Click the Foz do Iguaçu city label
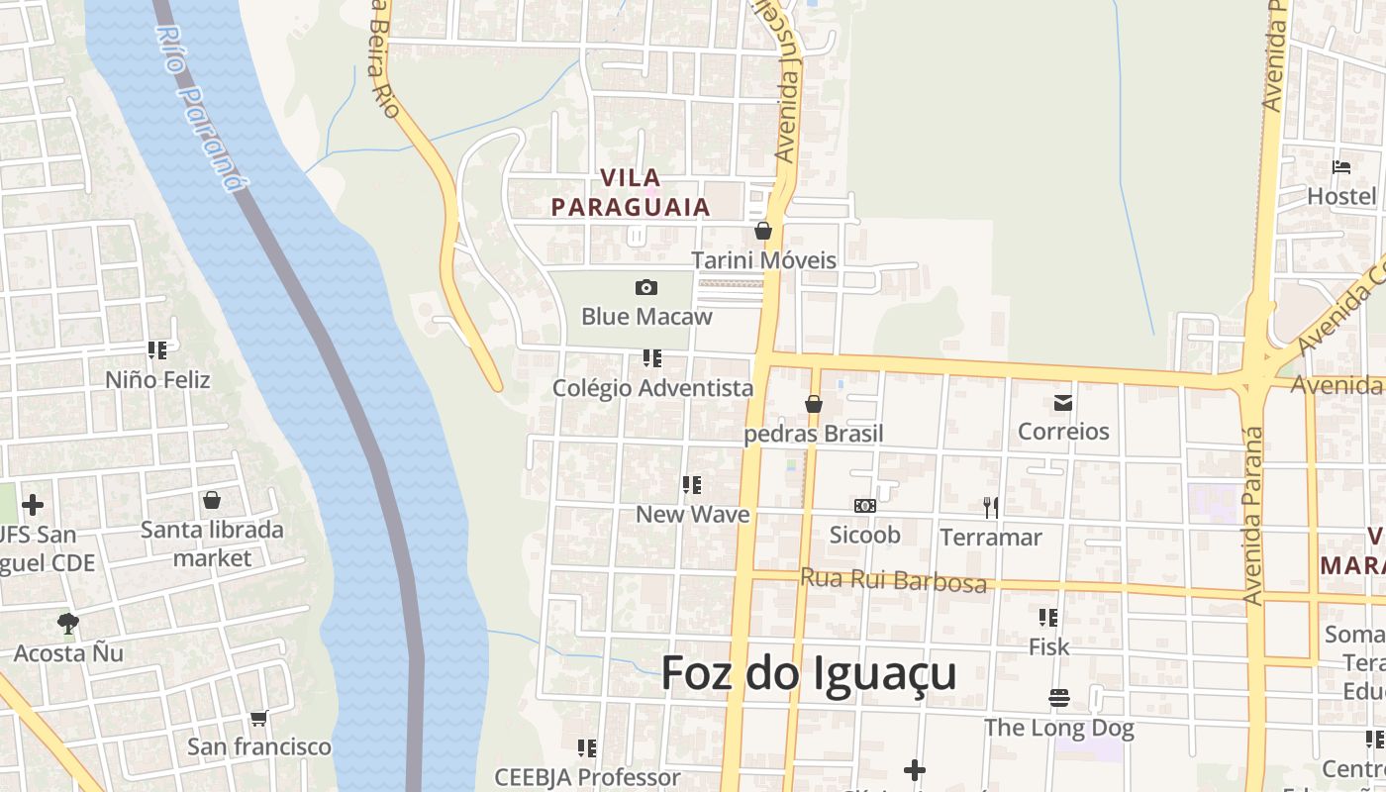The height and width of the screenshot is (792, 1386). [808, 674]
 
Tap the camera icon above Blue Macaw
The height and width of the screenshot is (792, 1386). [646, 287]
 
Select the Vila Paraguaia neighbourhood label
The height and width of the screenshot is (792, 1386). [632, 192]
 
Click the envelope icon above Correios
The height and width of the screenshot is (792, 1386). [1063, 403]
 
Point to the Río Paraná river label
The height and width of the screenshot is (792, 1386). [200, 108]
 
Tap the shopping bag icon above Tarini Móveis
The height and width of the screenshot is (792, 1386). [763, 231]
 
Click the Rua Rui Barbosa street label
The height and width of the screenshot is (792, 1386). [893, 580]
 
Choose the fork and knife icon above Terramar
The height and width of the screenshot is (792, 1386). [990, 508]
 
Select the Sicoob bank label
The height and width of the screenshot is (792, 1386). [865, 536]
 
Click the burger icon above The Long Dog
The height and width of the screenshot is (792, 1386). [1059, 698]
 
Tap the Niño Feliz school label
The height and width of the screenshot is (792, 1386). [157, 379]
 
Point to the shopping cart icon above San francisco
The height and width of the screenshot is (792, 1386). [258, 718]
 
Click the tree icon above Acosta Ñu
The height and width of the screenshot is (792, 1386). [67, 624]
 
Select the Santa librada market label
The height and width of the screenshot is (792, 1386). [212, 544]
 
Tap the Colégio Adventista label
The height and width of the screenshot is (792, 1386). [653, 388]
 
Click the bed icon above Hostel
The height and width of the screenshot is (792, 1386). [1341, 166]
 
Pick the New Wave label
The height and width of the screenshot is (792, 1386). [692, 514]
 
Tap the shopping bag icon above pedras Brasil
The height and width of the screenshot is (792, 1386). [814, 404]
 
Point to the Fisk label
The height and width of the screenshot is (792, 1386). [1049, 646]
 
